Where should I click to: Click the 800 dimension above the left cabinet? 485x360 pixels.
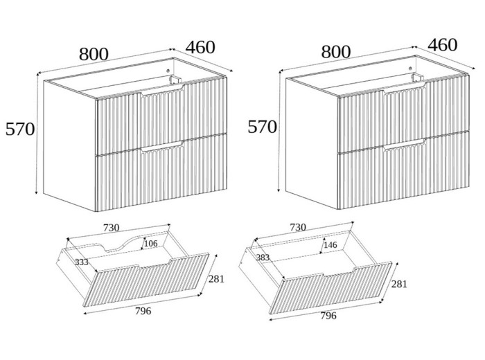94,54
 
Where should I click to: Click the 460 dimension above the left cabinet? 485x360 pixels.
200,47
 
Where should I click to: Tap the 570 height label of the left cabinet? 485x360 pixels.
20,129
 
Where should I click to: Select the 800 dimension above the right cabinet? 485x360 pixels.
336,52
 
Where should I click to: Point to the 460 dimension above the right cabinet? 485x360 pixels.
442,45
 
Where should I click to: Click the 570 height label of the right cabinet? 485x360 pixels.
263,127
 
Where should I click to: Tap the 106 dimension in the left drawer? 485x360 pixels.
151,244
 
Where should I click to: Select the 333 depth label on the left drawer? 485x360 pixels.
82,262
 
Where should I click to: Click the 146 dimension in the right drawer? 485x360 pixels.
330,245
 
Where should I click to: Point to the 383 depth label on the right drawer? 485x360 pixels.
263,258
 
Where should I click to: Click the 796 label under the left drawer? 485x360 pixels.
143,311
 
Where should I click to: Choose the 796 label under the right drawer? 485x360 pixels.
328,316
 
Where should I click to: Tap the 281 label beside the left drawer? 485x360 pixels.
216,279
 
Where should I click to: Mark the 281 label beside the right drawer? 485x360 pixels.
399,284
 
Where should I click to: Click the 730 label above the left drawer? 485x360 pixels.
112,228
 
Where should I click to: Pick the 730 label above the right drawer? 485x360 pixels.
298,228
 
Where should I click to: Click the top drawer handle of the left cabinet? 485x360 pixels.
163,89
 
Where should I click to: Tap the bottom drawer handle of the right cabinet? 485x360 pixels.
405,144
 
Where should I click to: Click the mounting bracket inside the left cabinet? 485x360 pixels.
175,80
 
